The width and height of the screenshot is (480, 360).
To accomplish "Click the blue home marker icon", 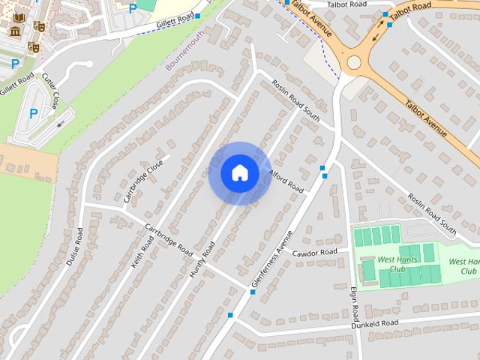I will pyautogui.click(x=239, y=172).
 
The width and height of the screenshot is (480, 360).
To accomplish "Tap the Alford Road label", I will pyautogui.click(x=285, y=180).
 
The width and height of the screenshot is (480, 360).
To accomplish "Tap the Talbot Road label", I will pyautogui.click(x=346, y=4).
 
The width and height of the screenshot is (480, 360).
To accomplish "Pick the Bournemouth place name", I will pyautogui.click(x=184, y=49).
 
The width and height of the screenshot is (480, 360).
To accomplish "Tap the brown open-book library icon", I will pyautogui.click(x=19, y=16).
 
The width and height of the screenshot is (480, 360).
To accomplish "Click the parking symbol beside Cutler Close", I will pyautogui.click(x=33, y=113).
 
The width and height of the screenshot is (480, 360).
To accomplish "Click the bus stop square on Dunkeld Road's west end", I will pyautogui.click(x=230, y=315).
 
